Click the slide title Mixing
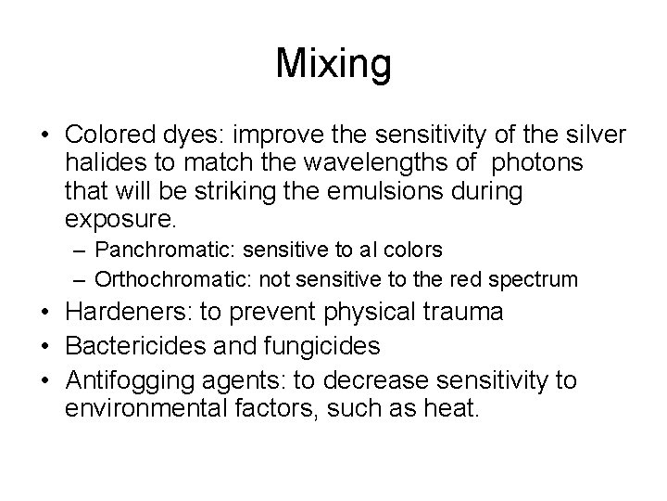tap(333, 65)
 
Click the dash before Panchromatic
tap(82, 250)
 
